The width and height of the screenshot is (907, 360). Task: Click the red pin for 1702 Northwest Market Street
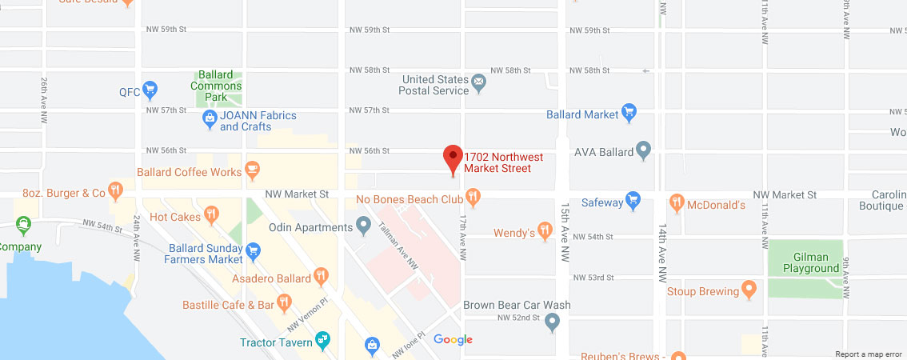click(453, 158)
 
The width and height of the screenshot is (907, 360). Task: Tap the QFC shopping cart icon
click(150, 89)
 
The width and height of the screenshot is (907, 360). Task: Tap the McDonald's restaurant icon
click(677, 202)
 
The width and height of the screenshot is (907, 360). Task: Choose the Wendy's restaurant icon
click(545, 230)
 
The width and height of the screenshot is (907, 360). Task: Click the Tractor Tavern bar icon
click(323, 341)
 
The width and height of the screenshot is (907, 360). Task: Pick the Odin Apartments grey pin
click(363, 225)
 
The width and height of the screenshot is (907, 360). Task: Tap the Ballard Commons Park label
click(216, 86)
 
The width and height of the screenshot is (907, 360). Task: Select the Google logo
click(453, 340)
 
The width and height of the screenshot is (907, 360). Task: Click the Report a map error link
click(869, 354)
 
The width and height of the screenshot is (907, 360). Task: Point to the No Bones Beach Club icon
click(473, 196)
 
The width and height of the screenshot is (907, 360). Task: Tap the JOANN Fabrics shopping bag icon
click(210, 120)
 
